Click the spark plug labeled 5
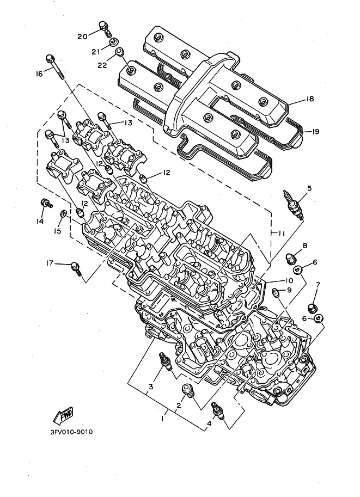[294, 205]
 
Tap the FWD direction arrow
[63, 415]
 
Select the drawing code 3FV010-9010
[71, 432]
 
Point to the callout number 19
[315, 132]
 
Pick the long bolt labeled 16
[56, 67]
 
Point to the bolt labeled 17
[76, 268]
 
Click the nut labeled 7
[313, 308]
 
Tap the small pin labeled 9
[276, 292]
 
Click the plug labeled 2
[188, 390]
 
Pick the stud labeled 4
[218, 410]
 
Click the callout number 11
[282, 234]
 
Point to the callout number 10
[289, 280]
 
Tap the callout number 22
[102, 65]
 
